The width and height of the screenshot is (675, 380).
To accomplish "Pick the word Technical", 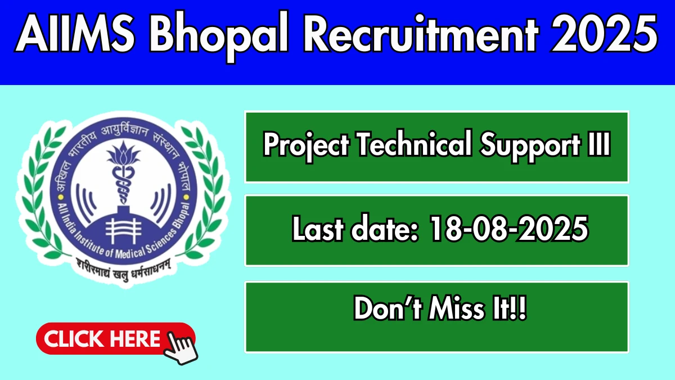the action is (415, 144).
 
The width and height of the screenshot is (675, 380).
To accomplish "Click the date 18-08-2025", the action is (509, 229).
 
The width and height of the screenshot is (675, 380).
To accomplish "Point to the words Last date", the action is (355, 228).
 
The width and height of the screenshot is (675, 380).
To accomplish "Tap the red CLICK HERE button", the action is (116, 338).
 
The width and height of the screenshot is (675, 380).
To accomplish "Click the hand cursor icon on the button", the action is (181, 348).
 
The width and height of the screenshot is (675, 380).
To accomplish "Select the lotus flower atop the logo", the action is (123, 154).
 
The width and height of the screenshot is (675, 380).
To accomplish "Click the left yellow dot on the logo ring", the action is (61, 198).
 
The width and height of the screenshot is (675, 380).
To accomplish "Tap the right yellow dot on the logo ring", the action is (186, 198).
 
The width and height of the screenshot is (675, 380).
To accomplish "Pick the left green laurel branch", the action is (42, 193).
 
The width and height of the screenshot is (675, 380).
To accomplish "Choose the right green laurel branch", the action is (205, 193).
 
